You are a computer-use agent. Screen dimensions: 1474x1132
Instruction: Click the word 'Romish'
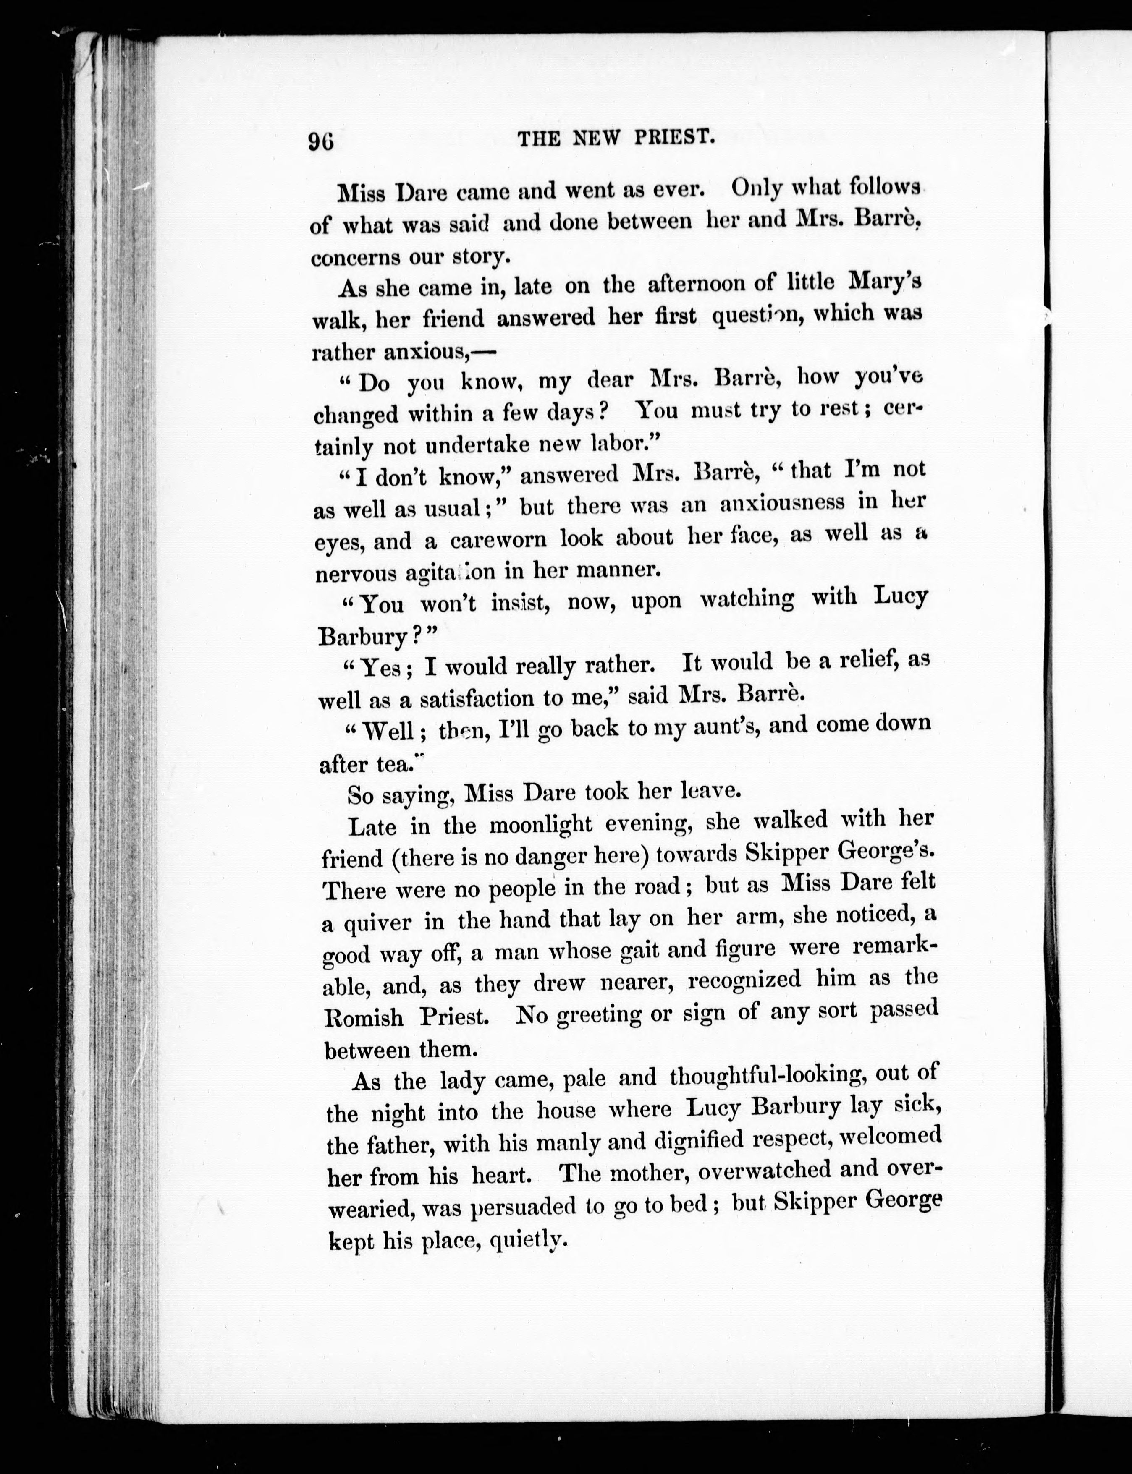[364, 1017]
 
